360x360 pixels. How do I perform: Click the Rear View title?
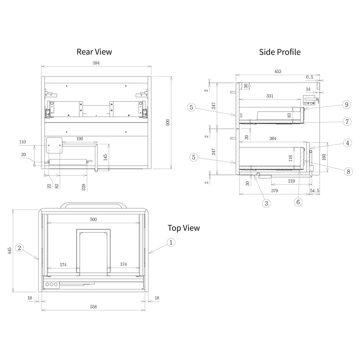pyautogui.click(x=94, y=52)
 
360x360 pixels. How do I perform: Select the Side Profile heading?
pyautogui.click(x=280, y=52)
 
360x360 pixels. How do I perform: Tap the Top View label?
pyautogui.click(x=184, y=228)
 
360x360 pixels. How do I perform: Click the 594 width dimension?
pyautogui.click(x=96, y=63)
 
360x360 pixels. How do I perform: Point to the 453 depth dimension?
pyautogui.click(x=278, y=72)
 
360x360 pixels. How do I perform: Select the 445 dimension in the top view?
pyautogui.click(x=10, y=251)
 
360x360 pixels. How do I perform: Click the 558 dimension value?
pyautogui.click(x=93, y=307)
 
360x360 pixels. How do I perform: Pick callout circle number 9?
pyautogui.click(x=347, y=104)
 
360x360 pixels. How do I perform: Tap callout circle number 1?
pyautogui.click(x=171, y=242)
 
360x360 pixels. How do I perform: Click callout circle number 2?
pyautogui.click(x=20, y=248)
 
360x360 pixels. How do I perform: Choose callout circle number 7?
pyautogui.click(x=347, y=122)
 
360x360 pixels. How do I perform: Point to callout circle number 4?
pyautogui.click(x=347, y=143)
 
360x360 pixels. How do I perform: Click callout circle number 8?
pyautogui.click(x=348, y=171)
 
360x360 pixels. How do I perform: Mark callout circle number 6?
pyautogui.click(x=298, y=202)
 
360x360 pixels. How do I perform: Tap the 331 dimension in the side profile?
pyautogui.click(x=270, y=96)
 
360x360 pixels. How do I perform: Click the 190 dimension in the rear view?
pyautogui.click(x=80, y=139)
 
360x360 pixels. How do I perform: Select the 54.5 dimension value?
pyautogui.click(x=315, y=191)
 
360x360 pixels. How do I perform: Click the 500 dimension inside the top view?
pyautogui.click(x=93, y=220)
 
